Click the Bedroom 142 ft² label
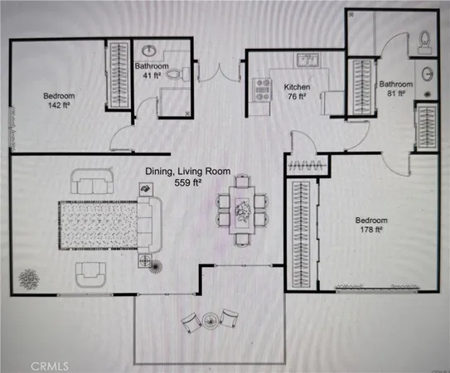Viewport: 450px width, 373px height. click(x=59, y=100)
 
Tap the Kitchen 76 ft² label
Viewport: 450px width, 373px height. click(x=296, y=91)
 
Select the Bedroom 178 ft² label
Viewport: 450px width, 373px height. click(x=371, y=225)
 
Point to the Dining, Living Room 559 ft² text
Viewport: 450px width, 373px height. click(x=186, y=176)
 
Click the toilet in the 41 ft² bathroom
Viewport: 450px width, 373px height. click(x=175, y=75)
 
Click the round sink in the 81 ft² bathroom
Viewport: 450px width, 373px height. click(x=428, y=73)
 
